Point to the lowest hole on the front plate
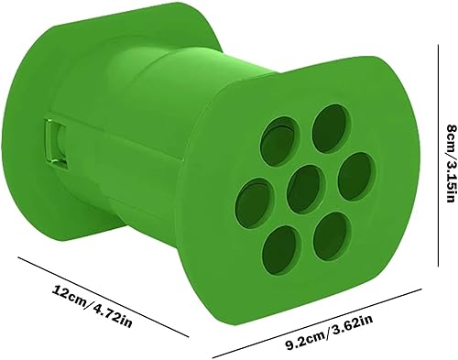tap(281, 250)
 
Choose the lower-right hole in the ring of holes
tap(333, 236)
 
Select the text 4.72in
tap(113, 315)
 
